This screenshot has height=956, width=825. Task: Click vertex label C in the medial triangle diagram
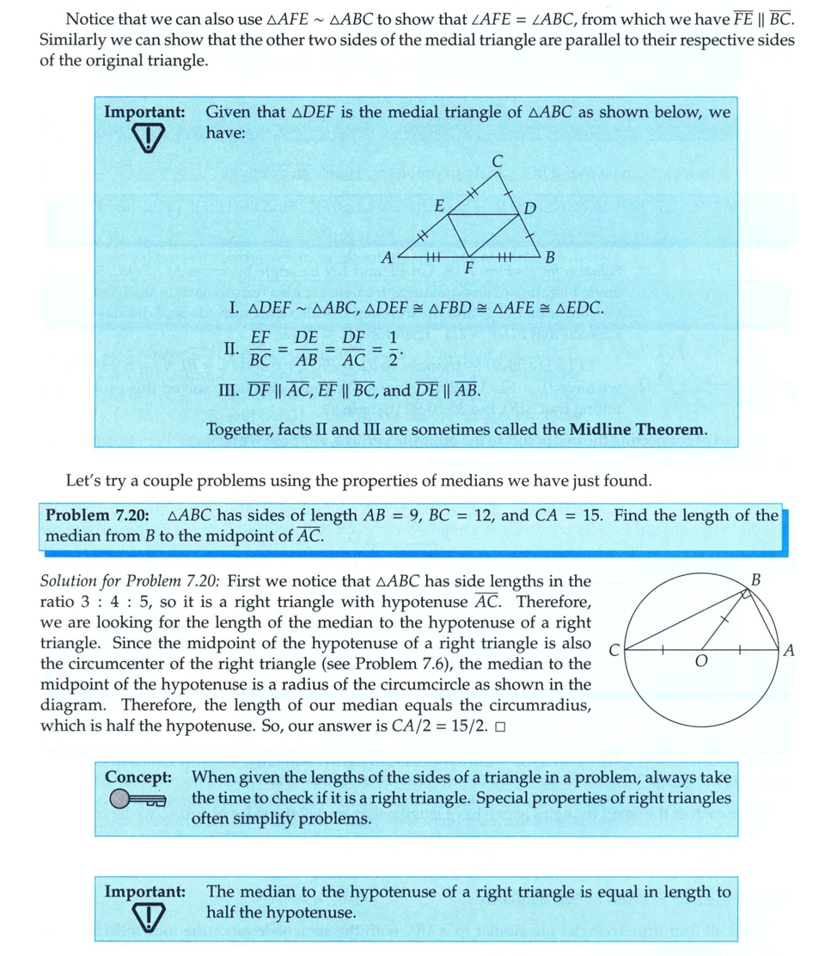pos(498,160)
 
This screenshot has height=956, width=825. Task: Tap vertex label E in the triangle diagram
pos(438,206)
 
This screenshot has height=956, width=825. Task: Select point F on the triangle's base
pos(468,267)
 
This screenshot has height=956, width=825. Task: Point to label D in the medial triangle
pos(529,208)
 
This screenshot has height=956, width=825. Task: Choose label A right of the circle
pos(789,651)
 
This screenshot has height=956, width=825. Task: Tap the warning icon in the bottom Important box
pos(148,917)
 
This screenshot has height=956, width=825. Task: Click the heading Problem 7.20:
pos(98,516)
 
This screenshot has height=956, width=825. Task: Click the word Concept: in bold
pos(138,777)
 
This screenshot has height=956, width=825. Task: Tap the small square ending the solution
pos(499,726)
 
